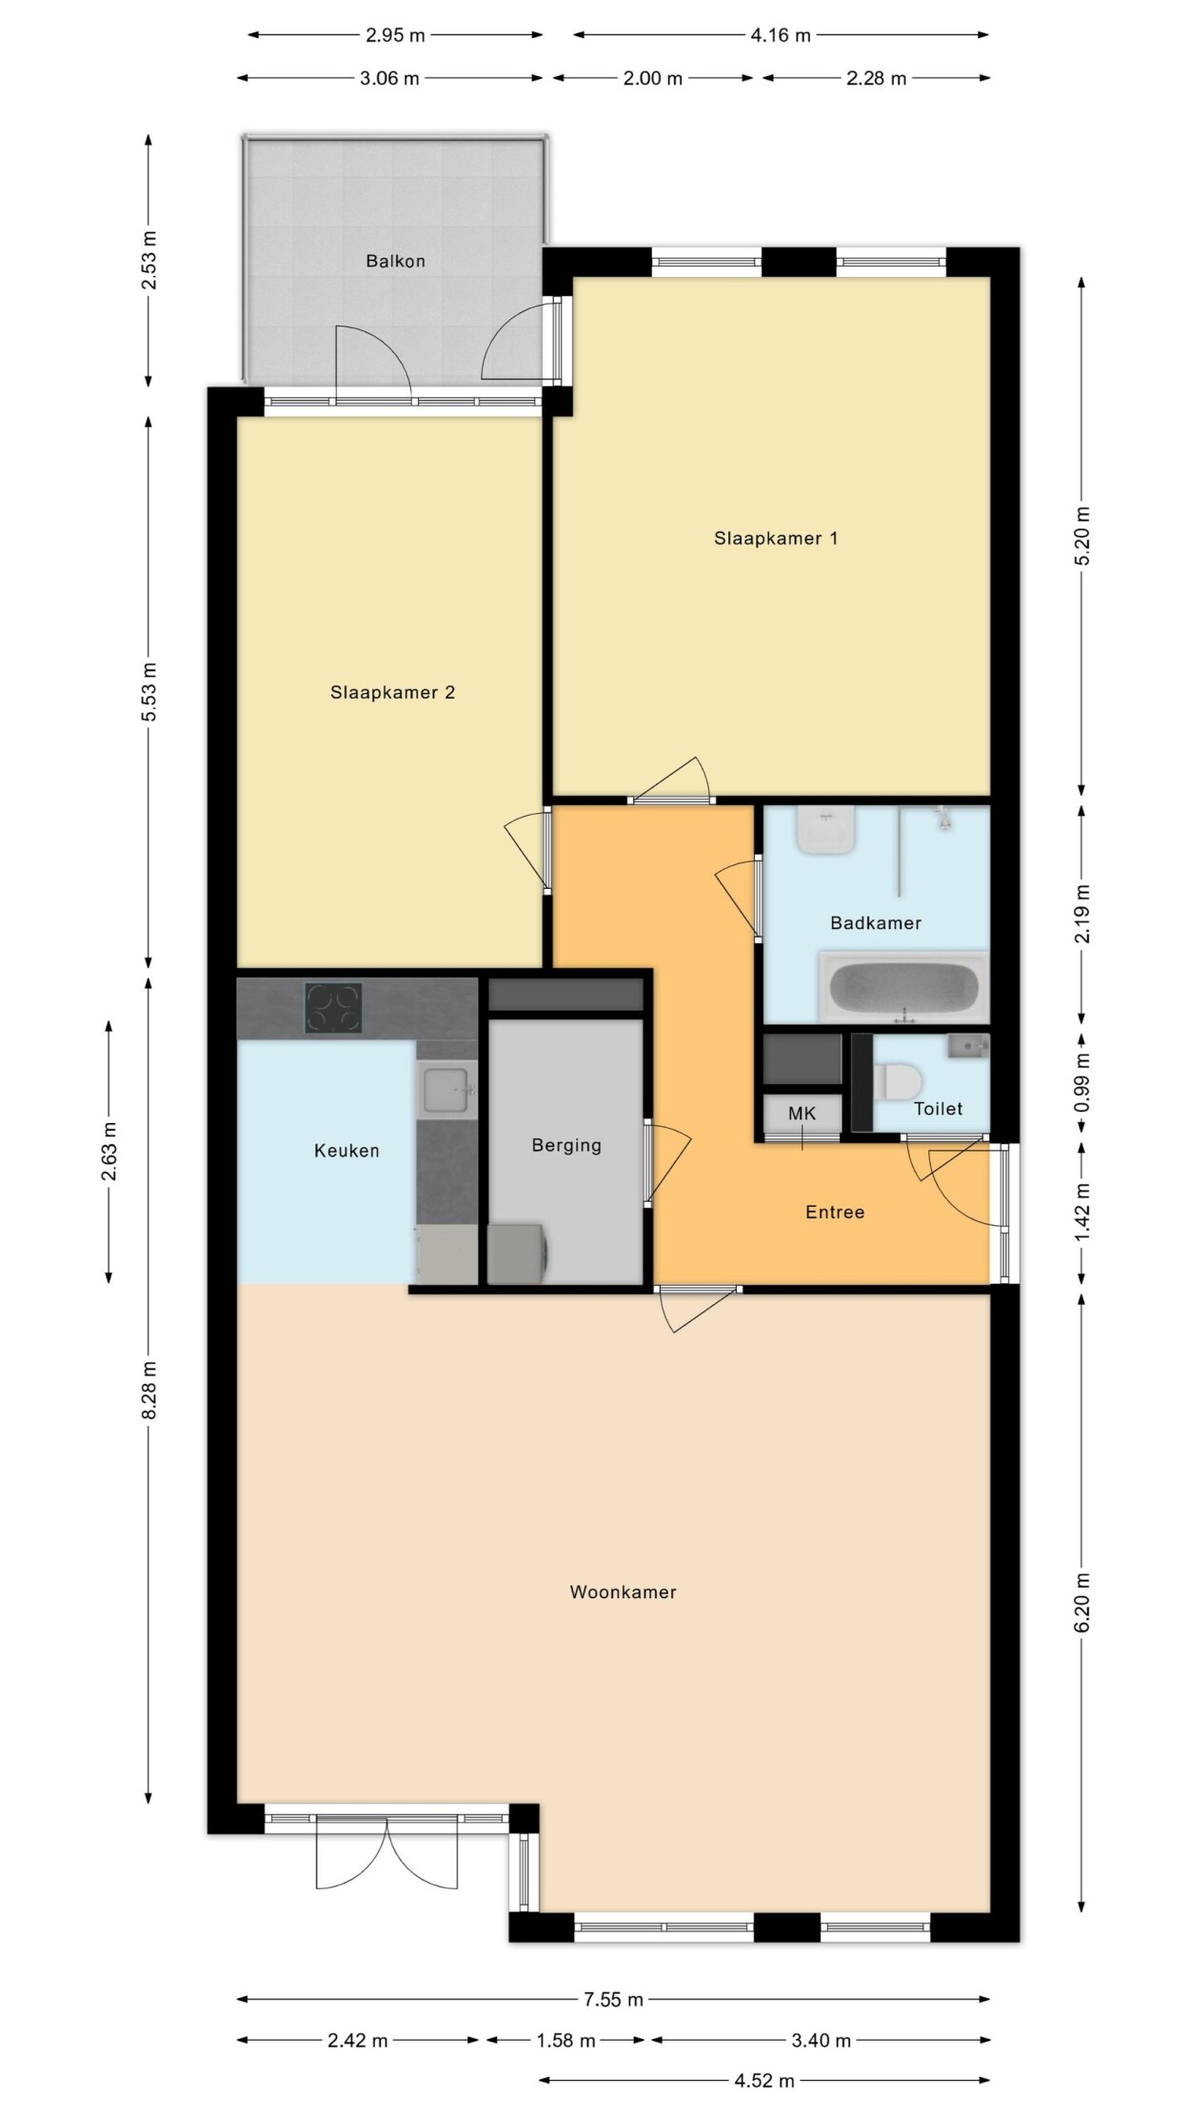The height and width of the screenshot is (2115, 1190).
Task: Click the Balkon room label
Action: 395,261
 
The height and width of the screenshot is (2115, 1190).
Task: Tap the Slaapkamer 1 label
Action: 776,539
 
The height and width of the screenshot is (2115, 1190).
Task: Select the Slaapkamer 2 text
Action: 392,693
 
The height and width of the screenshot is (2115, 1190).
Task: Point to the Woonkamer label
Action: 623,1592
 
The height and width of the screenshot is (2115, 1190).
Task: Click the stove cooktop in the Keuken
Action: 333,1009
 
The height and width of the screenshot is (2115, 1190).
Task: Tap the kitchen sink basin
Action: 446,1089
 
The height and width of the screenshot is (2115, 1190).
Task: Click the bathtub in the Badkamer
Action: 903,986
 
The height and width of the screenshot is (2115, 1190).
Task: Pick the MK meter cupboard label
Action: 802,1114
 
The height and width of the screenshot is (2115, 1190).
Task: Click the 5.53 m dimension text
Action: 149,691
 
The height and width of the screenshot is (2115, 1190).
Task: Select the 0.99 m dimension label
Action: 1082,1082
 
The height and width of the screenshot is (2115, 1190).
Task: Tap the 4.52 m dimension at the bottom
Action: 764,2081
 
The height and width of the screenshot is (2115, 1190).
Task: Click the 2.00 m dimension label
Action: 653,79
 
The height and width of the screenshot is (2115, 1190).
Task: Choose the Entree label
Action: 835,1213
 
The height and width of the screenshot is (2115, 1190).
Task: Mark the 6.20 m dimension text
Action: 1082,1603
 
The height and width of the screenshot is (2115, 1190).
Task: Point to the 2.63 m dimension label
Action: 109,1151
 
